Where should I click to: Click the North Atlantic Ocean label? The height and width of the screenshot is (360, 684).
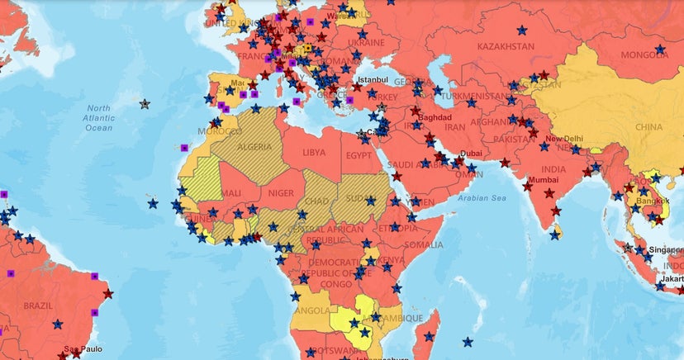click(99, 118)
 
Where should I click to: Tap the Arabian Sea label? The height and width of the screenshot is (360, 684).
click(482, 198)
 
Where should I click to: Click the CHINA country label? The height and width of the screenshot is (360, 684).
click(649, 127)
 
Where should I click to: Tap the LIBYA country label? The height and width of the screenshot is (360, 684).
click(314, 153)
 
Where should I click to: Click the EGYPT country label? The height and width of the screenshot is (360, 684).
click(359, 155)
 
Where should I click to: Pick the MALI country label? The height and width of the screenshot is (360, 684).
click(230, 193)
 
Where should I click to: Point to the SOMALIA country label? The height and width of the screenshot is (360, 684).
click(424, 244)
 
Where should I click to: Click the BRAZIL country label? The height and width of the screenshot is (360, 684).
click(38, 305)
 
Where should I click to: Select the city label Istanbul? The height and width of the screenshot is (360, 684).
click(371, 79)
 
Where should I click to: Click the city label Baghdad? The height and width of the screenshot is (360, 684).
click(435, 118)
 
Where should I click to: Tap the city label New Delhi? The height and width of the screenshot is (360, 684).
click(564, 139)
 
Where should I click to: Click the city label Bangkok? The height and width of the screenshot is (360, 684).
click(653, 201)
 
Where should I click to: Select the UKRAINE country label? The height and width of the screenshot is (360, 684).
click(366, 42)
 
